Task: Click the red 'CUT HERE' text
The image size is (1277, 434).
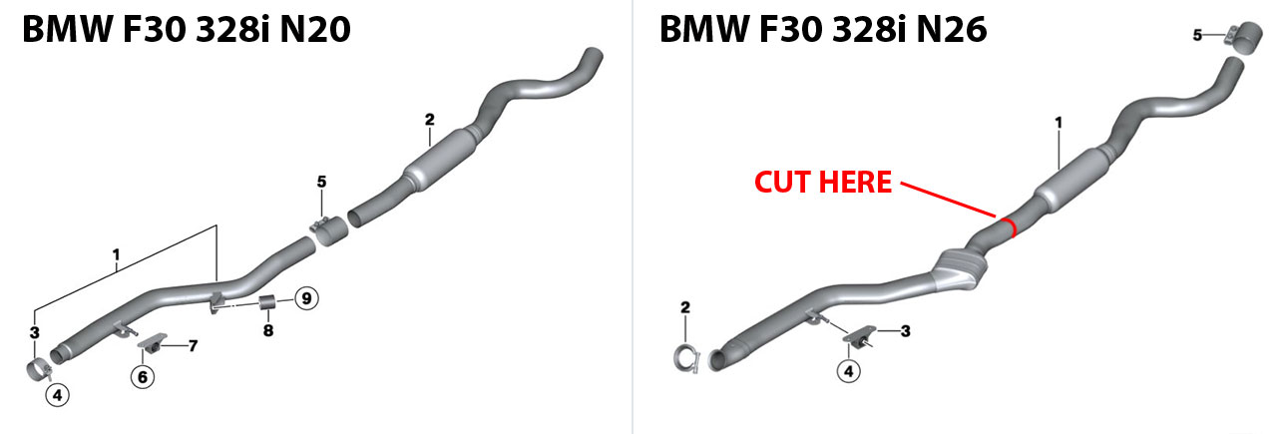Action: click(823, 183)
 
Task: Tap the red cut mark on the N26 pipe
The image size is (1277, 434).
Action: click(1011, 229)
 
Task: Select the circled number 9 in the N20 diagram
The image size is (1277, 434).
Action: click(306, 297)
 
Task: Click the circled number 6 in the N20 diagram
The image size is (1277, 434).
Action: click(143, 376)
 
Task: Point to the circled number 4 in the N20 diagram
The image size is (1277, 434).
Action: click(58, 395)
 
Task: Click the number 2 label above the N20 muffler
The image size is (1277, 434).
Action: click(429, 120)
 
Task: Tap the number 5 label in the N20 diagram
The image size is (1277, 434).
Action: click(321, 182)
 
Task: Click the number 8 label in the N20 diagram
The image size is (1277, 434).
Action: click(267, 330)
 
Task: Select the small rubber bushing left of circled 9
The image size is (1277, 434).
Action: click(267, 302)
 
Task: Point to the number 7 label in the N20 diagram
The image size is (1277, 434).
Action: click(194, 346)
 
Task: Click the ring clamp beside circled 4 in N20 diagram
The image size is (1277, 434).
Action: click(38, 370)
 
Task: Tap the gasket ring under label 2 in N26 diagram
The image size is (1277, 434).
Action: click(687, 356)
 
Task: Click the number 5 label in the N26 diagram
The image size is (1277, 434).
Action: click(1197, 36)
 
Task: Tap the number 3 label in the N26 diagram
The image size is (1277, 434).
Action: click(905, 330)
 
